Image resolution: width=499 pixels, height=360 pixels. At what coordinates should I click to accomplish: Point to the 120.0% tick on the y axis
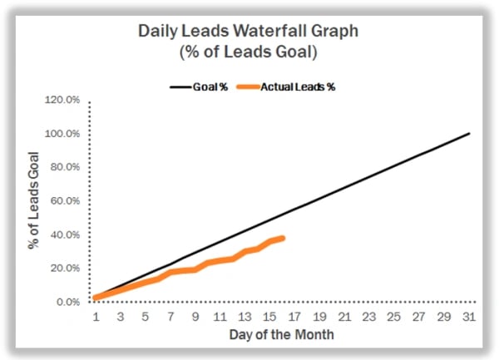coord(62,100)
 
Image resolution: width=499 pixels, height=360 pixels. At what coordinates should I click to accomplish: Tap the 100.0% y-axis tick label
coord(62,134)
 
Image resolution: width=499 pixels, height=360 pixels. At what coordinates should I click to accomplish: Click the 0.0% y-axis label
coord(67,302)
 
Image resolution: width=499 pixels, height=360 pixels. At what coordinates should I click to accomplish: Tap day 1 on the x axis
coord(96,317)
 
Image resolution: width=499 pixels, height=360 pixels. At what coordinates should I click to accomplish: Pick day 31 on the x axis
coord(469,317)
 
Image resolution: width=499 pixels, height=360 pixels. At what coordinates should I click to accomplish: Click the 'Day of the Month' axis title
coord(282,334)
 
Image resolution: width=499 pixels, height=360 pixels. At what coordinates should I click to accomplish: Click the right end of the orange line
coord(283,239)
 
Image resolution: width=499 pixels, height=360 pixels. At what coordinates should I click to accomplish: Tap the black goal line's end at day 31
coord(469,133)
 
